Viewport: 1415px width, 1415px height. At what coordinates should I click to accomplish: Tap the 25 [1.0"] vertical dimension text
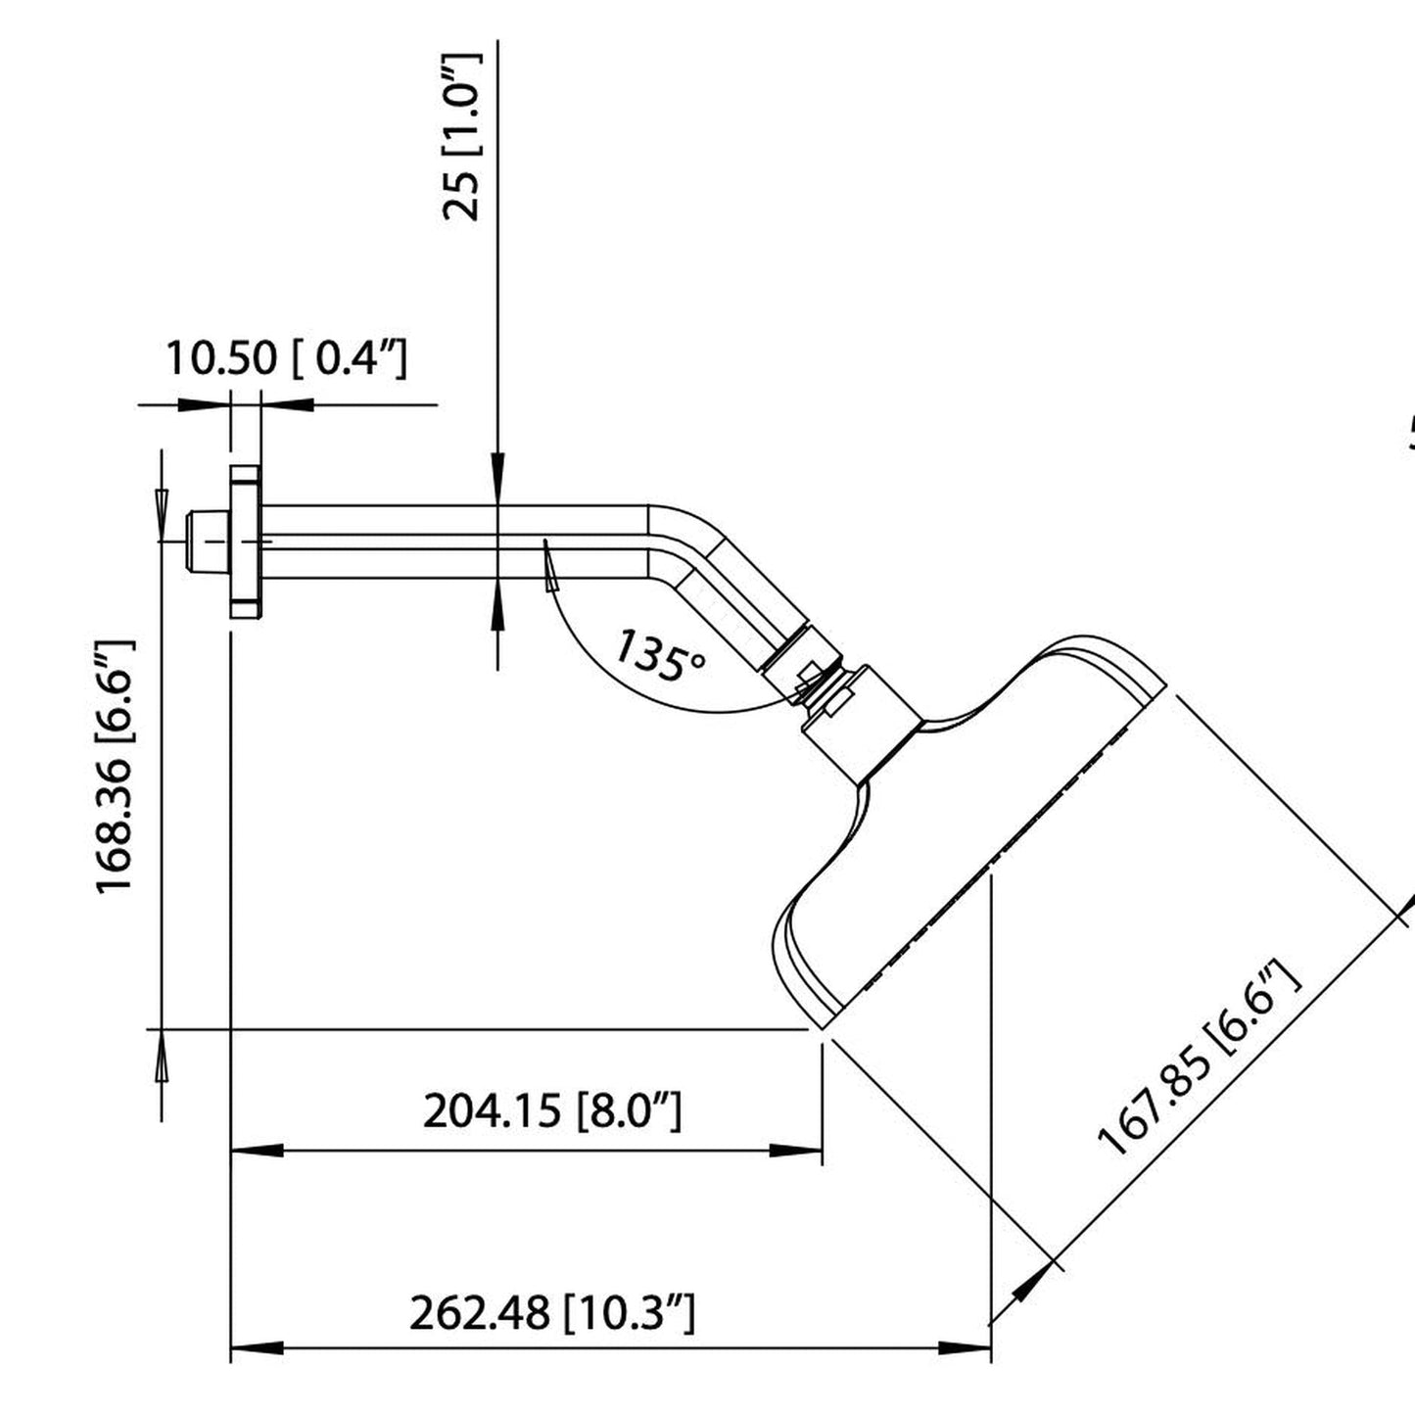tap(463, 137)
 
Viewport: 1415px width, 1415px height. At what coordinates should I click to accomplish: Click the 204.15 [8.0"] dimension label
tap(551, 1111)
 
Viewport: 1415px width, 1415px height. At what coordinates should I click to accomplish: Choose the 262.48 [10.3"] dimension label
tap(551, 1312)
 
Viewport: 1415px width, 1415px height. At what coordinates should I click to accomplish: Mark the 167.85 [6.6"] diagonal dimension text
tap(1201, 1059)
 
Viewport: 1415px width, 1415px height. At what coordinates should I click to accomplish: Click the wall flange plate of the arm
tap(245, 542)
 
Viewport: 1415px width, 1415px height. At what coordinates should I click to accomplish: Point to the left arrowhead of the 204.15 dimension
tap(257, 1151)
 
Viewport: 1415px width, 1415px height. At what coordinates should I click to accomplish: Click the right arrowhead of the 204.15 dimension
tap(795, 1151)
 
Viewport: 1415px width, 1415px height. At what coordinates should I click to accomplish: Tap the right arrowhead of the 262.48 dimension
tap(965, 1348)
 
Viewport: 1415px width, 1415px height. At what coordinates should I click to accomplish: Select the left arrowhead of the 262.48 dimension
tap(257, 1348)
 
